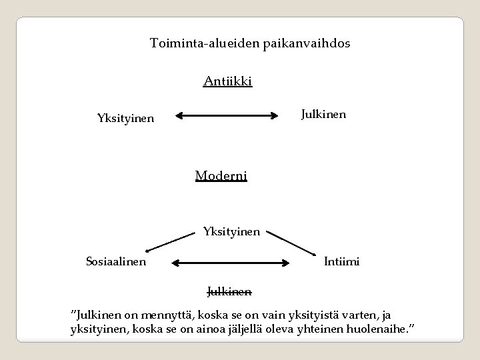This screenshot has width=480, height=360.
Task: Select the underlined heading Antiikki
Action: point(227,82)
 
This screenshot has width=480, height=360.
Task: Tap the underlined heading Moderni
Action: point(221,175)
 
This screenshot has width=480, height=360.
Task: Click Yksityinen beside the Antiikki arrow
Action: point(125,119)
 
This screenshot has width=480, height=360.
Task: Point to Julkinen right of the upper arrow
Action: point(323,114)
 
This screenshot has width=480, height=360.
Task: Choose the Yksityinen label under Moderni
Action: point(231,233)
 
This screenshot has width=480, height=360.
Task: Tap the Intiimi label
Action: point(342,262)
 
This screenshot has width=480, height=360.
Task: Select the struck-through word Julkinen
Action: point(229,291)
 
